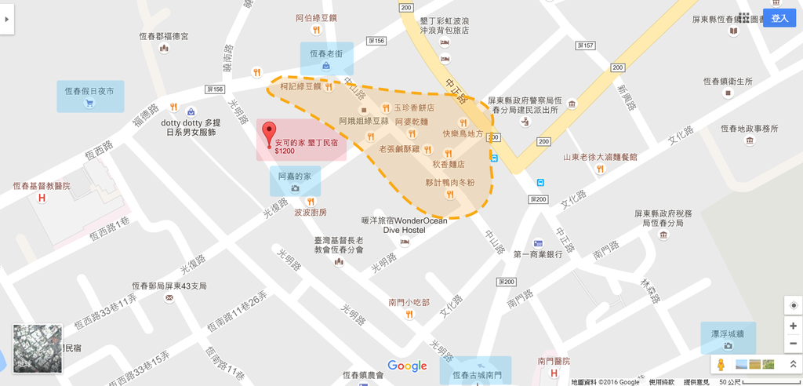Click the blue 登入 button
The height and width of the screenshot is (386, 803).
point(779,18)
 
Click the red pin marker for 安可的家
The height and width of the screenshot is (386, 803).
point(269,133)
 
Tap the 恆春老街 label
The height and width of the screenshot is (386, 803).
point(326,53)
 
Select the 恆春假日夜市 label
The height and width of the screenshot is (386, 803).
point(89,91)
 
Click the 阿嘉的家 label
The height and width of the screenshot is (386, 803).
point(295,177)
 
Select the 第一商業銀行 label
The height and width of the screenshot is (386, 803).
point(538,254)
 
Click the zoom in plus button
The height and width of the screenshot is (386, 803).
point(793,326)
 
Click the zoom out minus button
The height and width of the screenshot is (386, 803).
point(793,344)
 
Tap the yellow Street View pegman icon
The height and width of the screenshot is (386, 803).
point(721,365)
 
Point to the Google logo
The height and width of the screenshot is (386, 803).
point(407,366)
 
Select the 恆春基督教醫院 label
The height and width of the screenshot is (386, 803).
point(42,186)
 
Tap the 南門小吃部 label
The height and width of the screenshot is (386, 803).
point(409,302)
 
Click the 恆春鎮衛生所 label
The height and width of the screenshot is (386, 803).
point(728,82)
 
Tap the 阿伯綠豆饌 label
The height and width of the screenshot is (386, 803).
point(316,17)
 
